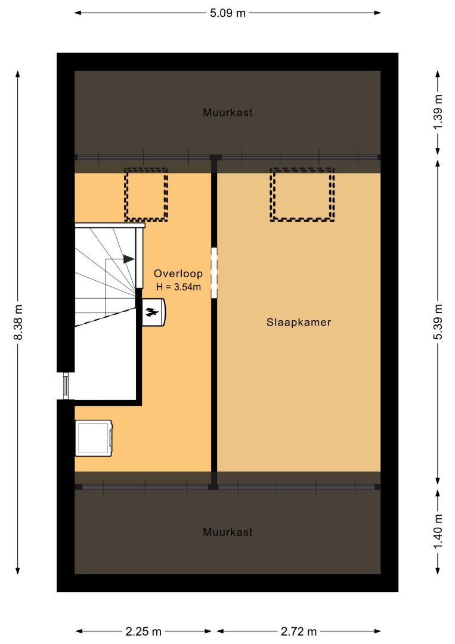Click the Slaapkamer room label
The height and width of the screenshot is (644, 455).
click(x=299, y=322)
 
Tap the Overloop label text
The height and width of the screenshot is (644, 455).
click(x=178, y=274)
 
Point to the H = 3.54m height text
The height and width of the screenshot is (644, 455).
click(x=179, y=287)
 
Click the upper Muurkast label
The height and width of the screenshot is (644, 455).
click(x=228, y=112)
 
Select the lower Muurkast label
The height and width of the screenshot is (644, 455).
click(x=228, y=532)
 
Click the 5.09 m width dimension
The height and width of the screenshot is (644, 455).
click(x=228, y=13)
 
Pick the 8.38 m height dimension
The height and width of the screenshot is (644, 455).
click(x=18, y=323)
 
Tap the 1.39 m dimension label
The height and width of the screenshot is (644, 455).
click(x=438, y=112)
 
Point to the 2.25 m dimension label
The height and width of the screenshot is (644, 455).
click(x=143, y=631)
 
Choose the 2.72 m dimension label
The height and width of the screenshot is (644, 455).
click(x=299, y=631)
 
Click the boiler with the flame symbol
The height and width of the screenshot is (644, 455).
click(x=154, y=312)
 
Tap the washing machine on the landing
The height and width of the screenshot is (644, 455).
click(x=94, y=438)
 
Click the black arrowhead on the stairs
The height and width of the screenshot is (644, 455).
click(x=129, y=259)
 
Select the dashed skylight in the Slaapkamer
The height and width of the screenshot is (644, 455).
click(x=302, y=194)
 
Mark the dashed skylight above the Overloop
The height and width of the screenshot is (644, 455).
click(x=146, y=194)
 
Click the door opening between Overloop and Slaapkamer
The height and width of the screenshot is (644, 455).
click(x=214, y=273)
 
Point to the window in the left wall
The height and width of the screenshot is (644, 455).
click(x=65, y=386)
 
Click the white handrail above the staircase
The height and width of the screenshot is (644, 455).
click(x=110, y=225)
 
